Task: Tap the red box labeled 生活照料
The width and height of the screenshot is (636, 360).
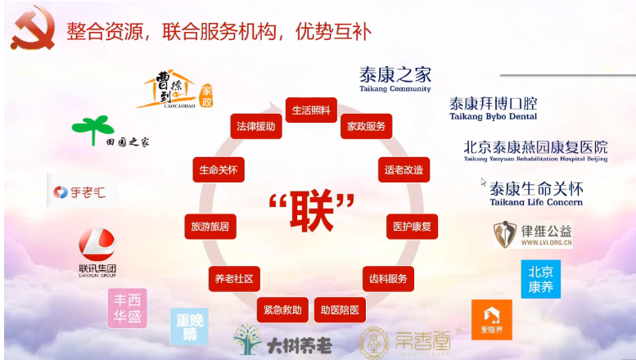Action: click(x=311, y=110)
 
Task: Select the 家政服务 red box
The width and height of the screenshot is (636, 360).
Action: click(x=365, y=127)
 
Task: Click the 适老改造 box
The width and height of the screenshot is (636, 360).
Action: click(x=404, y=170)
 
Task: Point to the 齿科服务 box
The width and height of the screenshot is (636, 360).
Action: click(x=387, y=278)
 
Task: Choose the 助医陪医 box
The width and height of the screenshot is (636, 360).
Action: click(x=339, y=309)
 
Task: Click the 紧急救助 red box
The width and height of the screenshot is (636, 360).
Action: click(x=282, y=309)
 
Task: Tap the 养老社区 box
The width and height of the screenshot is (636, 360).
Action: click(x=234, y=278)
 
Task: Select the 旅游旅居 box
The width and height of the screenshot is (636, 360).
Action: click(x=210, y=226)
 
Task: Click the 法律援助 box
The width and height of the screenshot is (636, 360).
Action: click(x=255, y=127)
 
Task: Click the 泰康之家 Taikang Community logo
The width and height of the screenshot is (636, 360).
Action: click(x=395, y=79)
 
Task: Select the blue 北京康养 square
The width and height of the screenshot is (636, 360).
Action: click(x=540, y=279)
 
